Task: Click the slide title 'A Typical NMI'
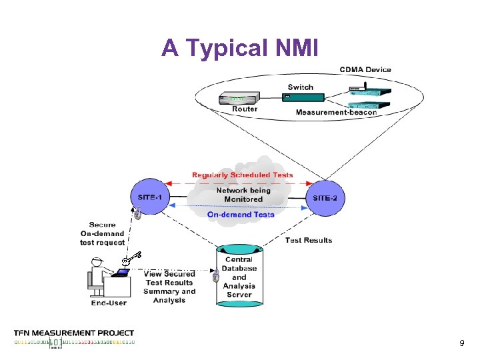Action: coord(240,48)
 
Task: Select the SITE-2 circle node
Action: coord(325,197)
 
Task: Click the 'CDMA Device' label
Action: coord(365,69)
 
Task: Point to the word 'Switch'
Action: coord(300,87)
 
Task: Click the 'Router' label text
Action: coord(245,109)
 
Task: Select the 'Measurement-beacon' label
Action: coord(336,112)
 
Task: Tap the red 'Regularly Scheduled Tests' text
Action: coord(242,175)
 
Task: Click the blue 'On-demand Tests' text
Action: coord(241,215)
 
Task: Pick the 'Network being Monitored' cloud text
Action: coord(243,195)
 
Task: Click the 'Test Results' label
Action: coord(308,240)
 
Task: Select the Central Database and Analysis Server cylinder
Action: coord(239,276)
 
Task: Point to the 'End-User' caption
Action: coord(109,303)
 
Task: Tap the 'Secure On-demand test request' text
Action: coord(102,234)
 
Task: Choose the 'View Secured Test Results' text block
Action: coord(169,287)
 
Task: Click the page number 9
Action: coord(461,343)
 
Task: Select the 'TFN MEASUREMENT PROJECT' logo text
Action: coord(74,333)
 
